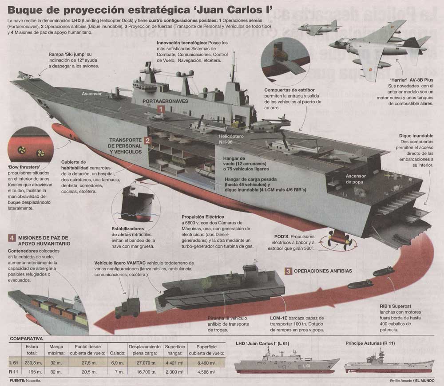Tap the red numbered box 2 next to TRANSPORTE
[x=148, y=142]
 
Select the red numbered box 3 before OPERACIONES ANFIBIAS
[x=289, y=271]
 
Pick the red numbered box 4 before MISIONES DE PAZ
[x=12, y=238]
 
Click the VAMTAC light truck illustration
[x=127, y=306]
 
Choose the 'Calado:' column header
[x=117, y=353]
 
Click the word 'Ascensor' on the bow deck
[x=91, y=94]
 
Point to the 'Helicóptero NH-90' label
[x=231, y=138]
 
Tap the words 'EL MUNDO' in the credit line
[x=425, y=381]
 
